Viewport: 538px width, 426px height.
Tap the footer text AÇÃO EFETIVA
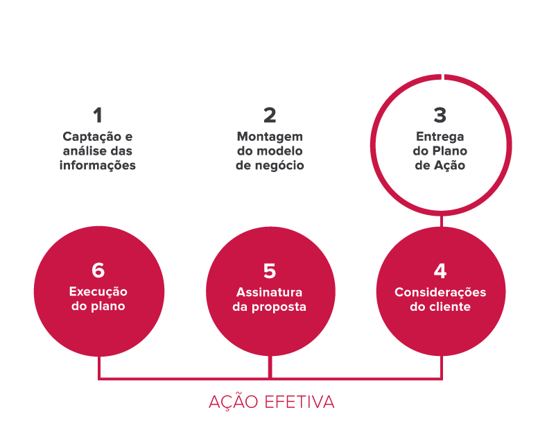pos(271,402)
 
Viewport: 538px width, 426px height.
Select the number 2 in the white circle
pos(270,115)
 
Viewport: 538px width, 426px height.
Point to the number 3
pos(440,115)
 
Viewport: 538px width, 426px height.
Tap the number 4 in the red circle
pos(440,271)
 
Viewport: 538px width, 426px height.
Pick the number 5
pos(270,271)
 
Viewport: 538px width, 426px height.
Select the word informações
pos(98,166)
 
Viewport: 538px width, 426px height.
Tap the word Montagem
pos(270,136)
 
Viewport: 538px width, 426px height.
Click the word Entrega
pos(440,136)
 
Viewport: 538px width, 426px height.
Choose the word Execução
pos(98,292)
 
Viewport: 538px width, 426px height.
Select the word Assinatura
pos(270,292)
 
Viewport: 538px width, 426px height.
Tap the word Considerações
pos(440,292)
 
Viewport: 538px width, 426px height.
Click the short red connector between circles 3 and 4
pos(442,221)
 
